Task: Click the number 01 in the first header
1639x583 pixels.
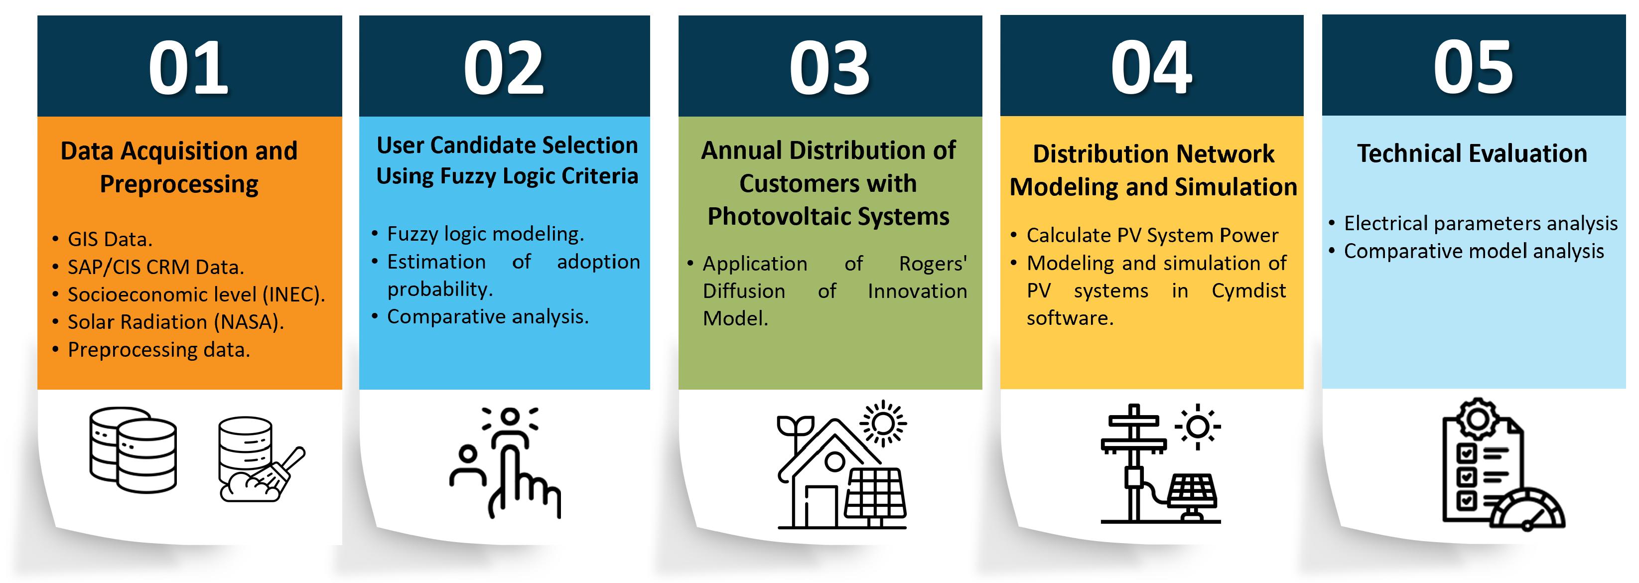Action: tap(188, 67)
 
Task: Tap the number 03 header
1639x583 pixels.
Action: tap(829, 67)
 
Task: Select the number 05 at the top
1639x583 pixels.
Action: tap(1473, 67)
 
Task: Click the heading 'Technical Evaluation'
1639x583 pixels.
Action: tap(1472, 153)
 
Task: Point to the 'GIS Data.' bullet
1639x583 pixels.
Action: tap(110, 239)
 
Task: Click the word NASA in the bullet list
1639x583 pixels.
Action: tap(248, 322)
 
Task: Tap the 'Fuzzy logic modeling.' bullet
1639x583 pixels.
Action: tap(485, 234)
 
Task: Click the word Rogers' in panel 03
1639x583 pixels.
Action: tap(933, 264)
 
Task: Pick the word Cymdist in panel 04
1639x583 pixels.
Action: tap(1248, 291)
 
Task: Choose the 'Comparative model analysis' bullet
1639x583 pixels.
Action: tap(1474, 252)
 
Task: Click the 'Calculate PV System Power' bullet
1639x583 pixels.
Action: tap(1152, 236)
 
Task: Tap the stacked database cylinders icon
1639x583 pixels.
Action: tap(133, 450)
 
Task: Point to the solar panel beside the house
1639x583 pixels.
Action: tap(875, 494)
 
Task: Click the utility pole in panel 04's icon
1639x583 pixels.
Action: tap(1134, 463)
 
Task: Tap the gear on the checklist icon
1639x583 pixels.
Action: tap(1478, 419)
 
